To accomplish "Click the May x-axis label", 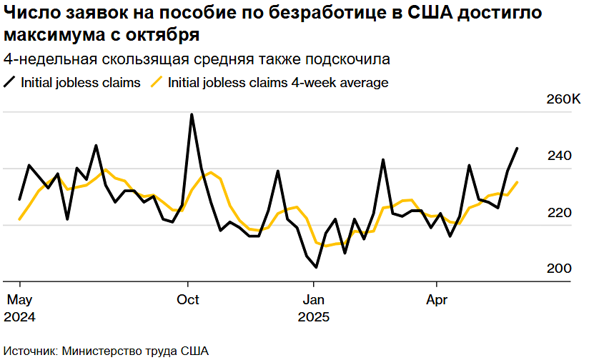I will click(19, 299).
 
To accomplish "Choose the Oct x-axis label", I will click(188, 299).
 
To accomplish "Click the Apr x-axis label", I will click(436, 299).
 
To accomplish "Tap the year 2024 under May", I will click(21, 315).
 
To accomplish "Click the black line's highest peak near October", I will click(192, 114).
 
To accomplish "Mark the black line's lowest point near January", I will click(316, 267).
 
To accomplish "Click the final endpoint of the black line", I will click(518, 148).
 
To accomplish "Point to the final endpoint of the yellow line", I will click(518, 182).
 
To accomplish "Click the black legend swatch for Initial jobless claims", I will click(9, 82).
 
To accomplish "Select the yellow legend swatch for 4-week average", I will click(156, 82).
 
